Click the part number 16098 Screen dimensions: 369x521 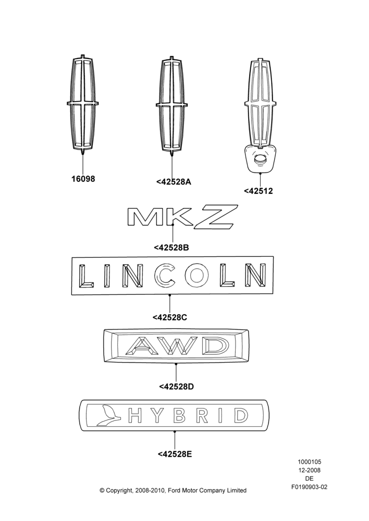[x=83, y=179]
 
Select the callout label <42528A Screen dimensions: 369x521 [x=174, y=182]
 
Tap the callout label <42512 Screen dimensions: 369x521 [x=259, y=191]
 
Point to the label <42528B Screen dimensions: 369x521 [x=171, y=247]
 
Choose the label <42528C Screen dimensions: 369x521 [x=169, y=317]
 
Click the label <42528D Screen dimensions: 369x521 [x=176, y=387]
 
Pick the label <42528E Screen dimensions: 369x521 [x=175, y=454]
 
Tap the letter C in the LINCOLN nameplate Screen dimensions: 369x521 [x=165, y=276]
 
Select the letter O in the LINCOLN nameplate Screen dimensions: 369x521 [x=196, y=276]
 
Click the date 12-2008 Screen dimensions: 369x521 [x=309, y=470]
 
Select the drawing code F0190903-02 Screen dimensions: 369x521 [x=309, y=487]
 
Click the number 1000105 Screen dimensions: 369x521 [x=309, y=462]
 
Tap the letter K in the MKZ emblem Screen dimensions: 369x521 [x=180, y=217]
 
